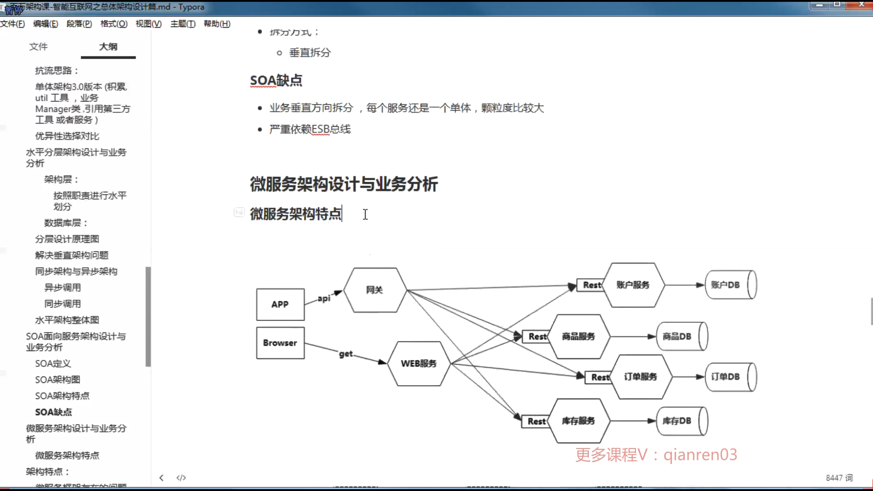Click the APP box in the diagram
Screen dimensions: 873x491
click(x=280, y=304)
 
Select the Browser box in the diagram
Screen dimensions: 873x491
click(x=280, y=343)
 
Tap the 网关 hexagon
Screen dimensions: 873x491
click(x=375, y=290)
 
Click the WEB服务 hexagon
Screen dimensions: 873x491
click(x=418, y=363)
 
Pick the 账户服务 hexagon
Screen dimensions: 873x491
click(x=633, y=285)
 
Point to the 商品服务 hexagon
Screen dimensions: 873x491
click(x=578, y=336)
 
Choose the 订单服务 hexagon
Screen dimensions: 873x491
click(x=640, y=376)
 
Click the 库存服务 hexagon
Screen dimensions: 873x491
click(x=578, y=421)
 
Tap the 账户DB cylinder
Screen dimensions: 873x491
click(x=730, y=285)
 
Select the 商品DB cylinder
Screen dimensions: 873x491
click(x=681, y=336)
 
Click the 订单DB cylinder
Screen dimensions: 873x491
click(x=730, y=376)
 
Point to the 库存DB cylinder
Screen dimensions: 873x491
click(x=681, y=421)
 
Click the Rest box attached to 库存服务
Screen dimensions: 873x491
click(x=536, y=421)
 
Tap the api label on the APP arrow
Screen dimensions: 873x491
click(x=324, y=298)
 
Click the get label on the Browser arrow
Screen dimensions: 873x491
click(x=346, y=354)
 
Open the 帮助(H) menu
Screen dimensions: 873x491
click(x=217, y=24)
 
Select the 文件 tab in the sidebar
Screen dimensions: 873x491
click(x=38, y=46)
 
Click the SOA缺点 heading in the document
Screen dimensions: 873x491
click(x=276, y=80)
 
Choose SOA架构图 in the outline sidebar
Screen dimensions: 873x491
click(x=58, y=380)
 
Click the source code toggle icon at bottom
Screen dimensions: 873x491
click(x=181, y=477)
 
